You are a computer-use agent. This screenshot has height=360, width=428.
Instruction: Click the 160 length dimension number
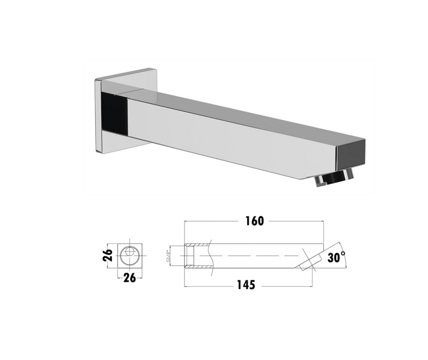254,221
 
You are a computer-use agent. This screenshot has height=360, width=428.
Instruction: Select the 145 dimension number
246,285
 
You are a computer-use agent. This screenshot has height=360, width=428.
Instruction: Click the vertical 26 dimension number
109,255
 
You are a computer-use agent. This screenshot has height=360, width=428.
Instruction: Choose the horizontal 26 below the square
129,278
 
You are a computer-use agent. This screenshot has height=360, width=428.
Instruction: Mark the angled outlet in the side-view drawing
308,263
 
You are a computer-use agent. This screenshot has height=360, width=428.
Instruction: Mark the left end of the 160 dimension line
185,221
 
